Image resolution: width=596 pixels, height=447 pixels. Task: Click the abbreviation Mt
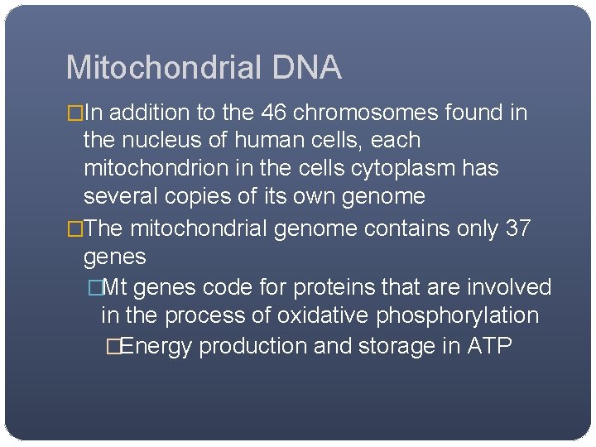(x=114, y=287)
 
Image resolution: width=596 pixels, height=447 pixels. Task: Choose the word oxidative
(x=324, y=315)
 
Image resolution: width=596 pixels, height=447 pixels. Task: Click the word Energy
(x=157, y=345)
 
